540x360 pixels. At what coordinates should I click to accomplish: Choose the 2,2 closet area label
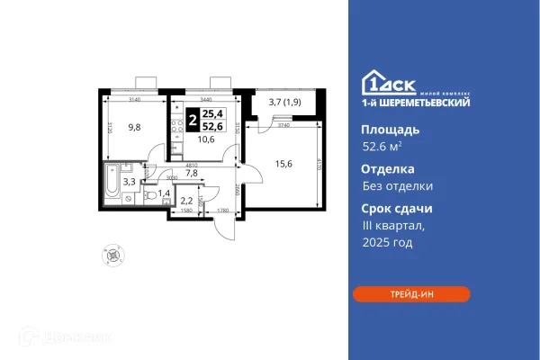pos(187,202)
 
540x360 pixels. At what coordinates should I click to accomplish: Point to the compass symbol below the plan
pos(112,256)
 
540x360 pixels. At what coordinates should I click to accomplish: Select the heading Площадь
pos(382,130)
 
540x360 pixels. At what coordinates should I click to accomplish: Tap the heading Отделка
pos(382,168)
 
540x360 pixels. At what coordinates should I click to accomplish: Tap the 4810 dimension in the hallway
pos(192,166)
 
